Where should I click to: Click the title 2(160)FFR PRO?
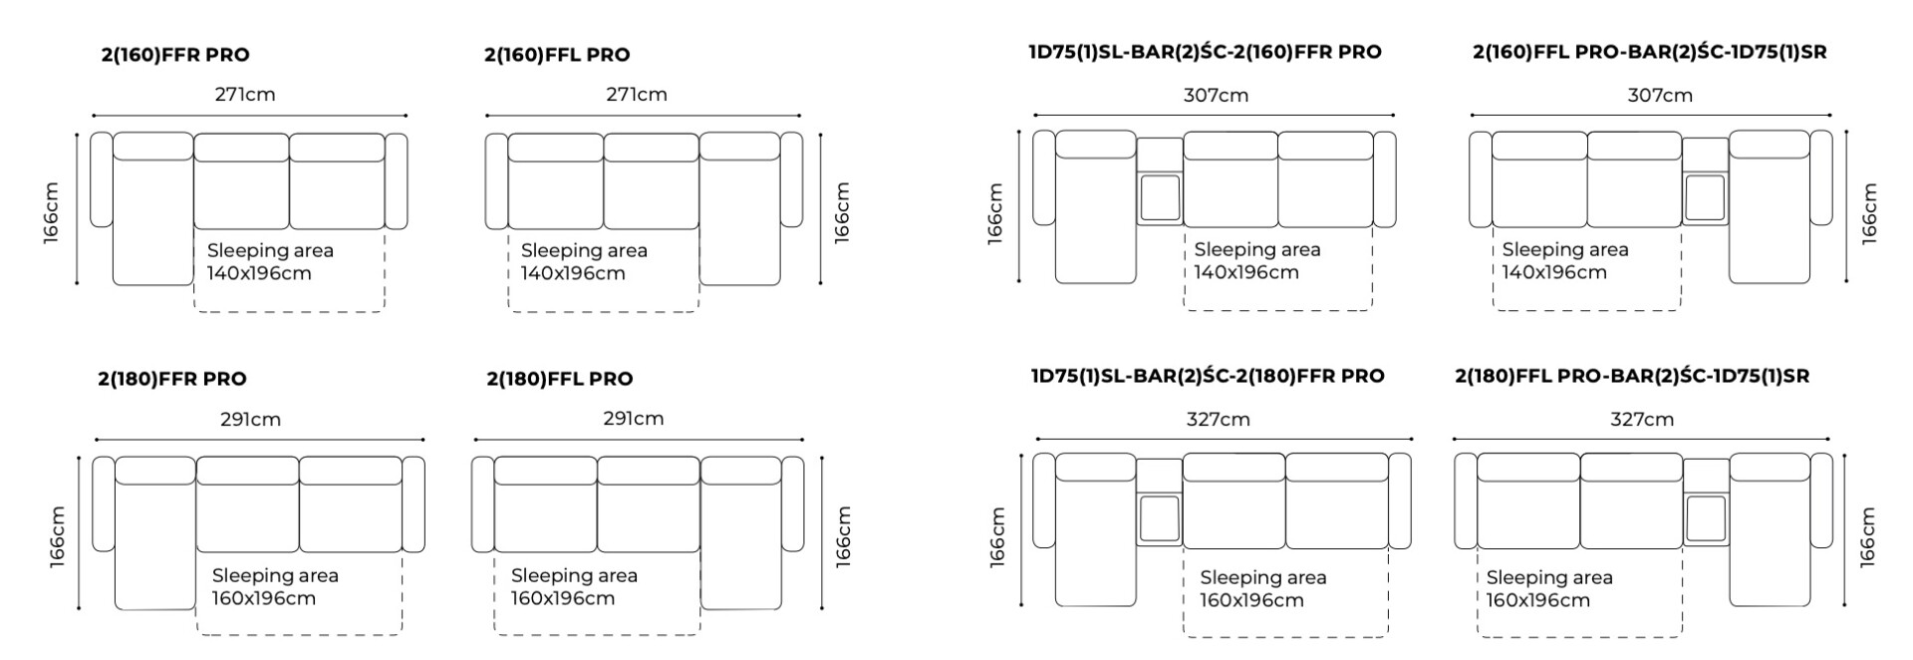point(175,55)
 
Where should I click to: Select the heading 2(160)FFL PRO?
point(557,55)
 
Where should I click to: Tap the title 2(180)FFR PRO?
point(172,379)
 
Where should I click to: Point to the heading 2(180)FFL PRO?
point(560,379)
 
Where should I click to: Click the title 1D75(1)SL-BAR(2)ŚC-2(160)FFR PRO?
point(1206,52)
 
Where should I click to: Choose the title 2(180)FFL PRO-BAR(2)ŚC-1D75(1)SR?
point(1632,376)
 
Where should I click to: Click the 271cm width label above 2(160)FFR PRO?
point(245,95)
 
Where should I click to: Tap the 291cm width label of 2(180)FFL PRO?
point(634,419)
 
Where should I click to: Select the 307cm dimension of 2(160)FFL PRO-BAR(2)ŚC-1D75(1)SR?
point(1660,96)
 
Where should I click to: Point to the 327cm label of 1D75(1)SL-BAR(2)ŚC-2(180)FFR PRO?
point(1218,420)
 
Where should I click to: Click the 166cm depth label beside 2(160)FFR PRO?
point(51,212)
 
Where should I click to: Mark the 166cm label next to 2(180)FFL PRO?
point(843,536)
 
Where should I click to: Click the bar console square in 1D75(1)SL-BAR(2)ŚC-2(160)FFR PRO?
point(1160,198)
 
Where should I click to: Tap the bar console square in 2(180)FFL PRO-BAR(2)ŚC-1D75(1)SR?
point(1706,519)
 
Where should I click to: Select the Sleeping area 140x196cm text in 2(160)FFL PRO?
point(584,262)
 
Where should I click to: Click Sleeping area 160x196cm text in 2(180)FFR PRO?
point(275,587)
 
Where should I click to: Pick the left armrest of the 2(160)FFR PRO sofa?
point(101,179)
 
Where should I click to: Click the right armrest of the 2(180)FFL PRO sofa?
point(793,503)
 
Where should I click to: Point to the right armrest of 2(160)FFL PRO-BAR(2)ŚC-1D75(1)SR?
point(1821,177)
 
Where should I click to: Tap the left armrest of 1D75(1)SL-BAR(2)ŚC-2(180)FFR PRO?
point(1044,500)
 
